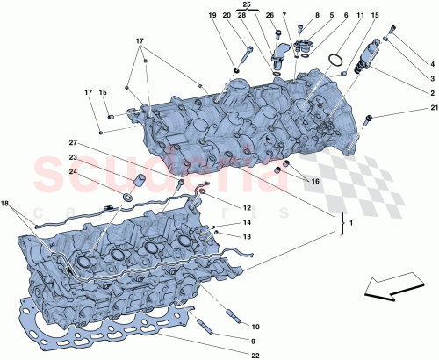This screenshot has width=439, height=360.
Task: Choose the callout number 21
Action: point(433,108)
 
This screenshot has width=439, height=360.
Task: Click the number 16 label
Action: point(313,181)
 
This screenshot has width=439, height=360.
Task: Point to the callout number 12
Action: point(248,207)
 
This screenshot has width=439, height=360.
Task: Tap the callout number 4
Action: point(433,62)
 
